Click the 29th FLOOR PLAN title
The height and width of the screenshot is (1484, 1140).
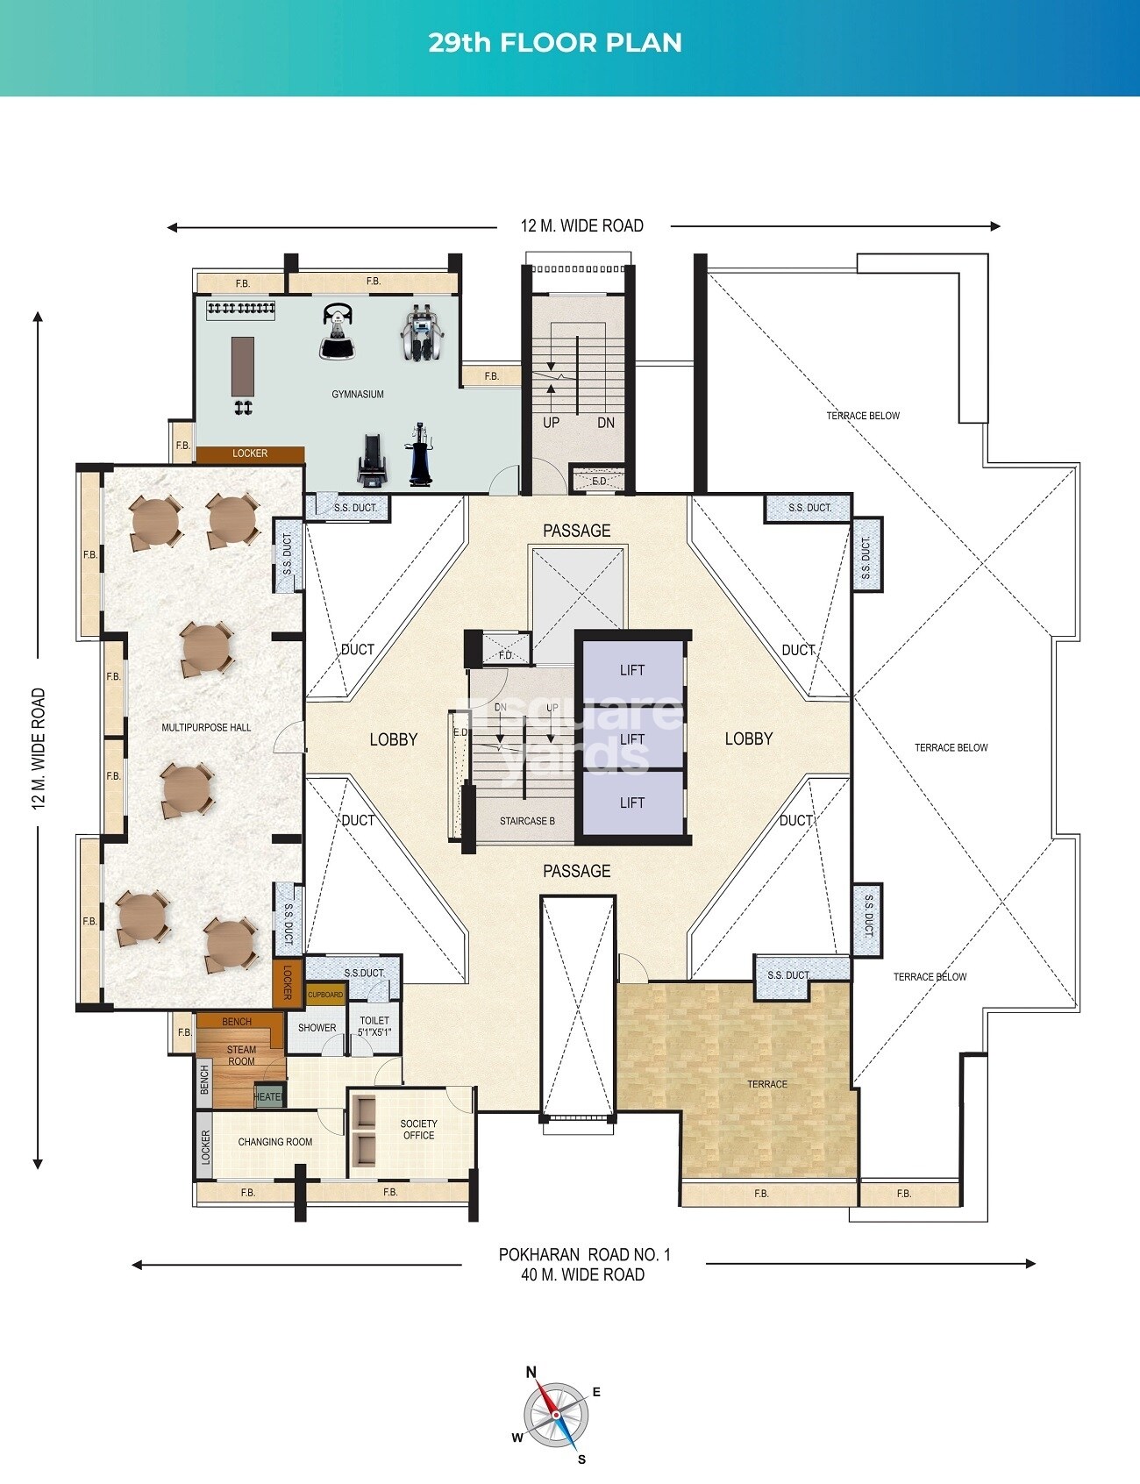coord(555,42)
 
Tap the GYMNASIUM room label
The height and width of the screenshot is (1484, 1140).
coord(358,394)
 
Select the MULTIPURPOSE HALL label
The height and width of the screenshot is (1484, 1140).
coord(206,727)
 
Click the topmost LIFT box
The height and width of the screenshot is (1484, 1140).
coord(631,670)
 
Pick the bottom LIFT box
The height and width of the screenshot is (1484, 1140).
coord(631,803)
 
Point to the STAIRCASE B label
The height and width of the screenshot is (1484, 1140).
coord(527,822)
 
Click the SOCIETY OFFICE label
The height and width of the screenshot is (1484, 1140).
coord(418,1129)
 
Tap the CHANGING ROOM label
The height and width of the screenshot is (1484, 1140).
coord(275,1142)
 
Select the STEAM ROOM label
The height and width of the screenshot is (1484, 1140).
coord(241,1055)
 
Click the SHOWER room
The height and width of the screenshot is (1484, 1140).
coord(317,1028)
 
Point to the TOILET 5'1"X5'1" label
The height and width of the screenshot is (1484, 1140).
coord(374,1026)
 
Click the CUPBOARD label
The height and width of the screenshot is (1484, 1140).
coord(325,995)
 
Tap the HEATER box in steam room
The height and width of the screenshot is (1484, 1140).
coord(267,1097)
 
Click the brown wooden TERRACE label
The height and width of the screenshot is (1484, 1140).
coord(766,1084)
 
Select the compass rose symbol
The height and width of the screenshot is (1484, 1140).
coord(555,1415)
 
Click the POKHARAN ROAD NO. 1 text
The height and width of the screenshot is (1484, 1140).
coord(584,1254)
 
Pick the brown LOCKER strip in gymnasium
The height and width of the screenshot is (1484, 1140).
coord(250,453)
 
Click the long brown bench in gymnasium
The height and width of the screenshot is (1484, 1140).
coord(243,367)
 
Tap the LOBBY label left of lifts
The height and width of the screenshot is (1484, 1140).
coord(393,739)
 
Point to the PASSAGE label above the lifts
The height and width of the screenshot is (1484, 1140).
coord(576,531)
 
